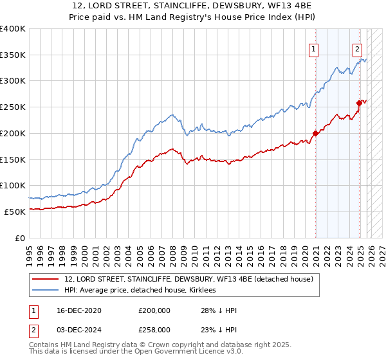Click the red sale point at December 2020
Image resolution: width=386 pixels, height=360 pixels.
(315, 134)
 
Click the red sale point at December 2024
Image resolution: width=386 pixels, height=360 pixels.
(359, 103)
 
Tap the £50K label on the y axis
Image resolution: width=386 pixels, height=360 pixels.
(15, 212)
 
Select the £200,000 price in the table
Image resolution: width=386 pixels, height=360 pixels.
(154, 310)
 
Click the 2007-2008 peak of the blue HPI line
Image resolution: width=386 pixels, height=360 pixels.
(172, 115)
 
